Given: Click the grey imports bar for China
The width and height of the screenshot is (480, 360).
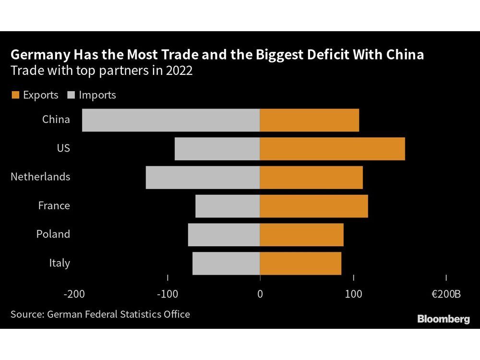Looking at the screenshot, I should pyautogui.click(x=170, y=120).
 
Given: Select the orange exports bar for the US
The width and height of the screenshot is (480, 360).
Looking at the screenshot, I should pyautogui.click(x=332, y=149).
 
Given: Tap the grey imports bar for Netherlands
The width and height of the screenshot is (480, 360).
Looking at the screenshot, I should pyautogui.click(x=203, y=177).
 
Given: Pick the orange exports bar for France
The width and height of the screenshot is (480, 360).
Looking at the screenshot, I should pyautogui.click(x=314, y=206).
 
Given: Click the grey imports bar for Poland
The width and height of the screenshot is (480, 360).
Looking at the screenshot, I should pyautogui.click(x=224, y=235).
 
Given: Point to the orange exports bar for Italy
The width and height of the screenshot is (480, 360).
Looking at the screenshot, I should pyautogui.click(x=300, y=264).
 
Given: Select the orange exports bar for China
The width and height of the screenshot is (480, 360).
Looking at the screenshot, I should pyautogui.click(x=309, y=120).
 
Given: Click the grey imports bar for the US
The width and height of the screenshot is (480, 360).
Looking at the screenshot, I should pyautogui.click(x=217, y=149).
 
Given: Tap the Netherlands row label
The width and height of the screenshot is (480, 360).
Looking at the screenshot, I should pyautogui.click(x=40, y=177).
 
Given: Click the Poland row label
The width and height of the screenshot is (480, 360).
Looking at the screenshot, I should pyautogui.click(x=53, y=234).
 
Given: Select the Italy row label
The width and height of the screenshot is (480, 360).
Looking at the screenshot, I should pyautogui.click(x=60, y=263).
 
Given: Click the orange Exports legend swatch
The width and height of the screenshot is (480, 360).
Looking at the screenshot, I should pyautogui.click(x=14, y=95).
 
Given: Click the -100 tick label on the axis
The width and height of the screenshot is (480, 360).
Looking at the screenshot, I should pyautogui.click(x=167, y=294).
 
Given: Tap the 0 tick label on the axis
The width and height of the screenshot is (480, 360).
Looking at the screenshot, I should pyautogui.click(x=260, y=294).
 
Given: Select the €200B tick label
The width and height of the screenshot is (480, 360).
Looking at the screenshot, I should pyautogui.click(x=446, y=294).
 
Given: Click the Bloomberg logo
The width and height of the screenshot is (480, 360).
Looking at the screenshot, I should pyautogui.click(x=444, y=319).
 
